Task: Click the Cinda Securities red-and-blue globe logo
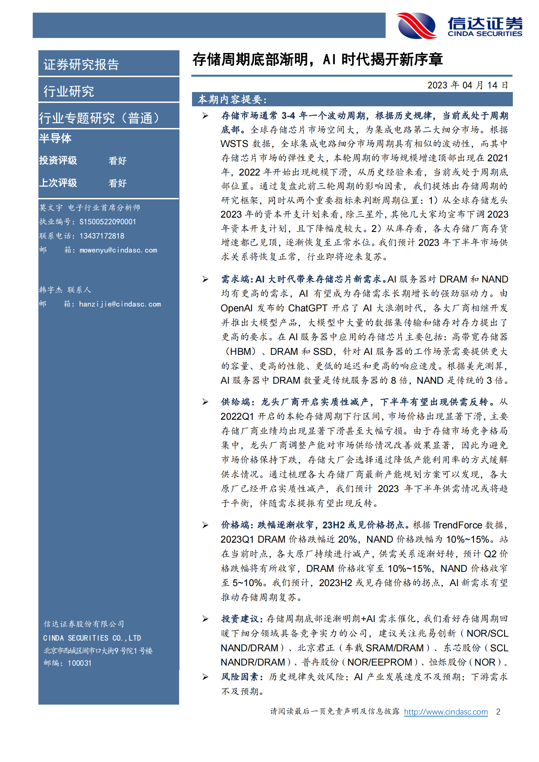417,25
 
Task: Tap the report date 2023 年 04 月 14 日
467,85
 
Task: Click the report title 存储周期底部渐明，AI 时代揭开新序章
317,60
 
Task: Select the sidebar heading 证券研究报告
81,65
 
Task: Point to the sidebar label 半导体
55,139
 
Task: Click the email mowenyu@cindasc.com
118,250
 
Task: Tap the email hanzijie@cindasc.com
120,304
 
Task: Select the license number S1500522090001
108,222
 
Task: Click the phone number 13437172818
102,236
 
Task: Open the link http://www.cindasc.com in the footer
446,712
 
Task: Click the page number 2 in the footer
498,712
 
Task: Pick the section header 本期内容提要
232,99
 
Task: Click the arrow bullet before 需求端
205,279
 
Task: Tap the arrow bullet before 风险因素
205,677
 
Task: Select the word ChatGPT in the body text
308,308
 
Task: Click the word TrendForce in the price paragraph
458,525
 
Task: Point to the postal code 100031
80,663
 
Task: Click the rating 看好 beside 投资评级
117,161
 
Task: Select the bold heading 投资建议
241,619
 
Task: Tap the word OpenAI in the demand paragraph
237,308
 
